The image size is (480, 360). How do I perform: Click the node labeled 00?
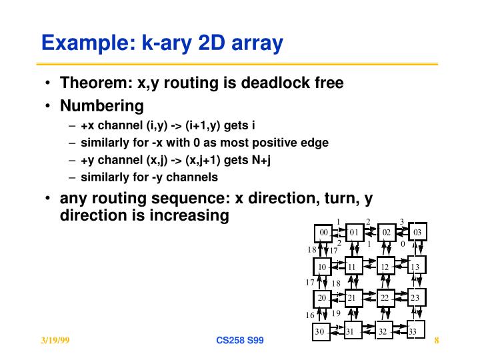click(x=323, y=233)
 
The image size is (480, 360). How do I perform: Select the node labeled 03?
click(x=417, y=233)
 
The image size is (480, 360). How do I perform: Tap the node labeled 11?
click(x=353, y=267)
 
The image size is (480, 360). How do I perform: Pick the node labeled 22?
click(x=385, y=297)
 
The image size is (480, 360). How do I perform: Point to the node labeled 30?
click(x=321, y=331)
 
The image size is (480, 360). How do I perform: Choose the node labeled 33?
click(x=413, y=331)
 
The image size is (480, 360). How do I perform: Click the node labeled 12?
click(x=385, y=267)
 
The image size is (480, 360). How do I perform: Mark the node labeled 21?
click(x=352, y=297)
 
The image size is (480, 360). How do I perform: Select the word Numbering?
click(x=102, y=106)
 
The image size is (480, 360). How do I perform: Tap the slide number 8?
click(x=436, y=341)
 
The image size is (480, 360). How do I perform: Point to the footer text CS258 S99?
click(x=240, y=341)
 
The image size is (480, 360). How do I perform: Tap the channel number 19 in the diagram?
click(x=336, y=313)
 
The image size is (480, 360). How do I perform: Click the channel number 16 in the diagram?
click(x=310, y=315)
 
